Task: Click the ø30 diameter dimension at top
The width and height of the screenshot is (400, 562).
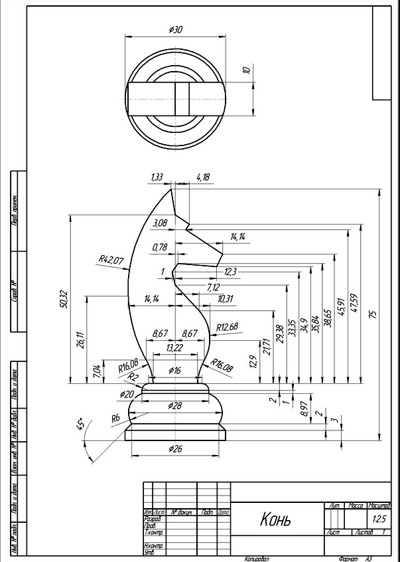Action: tap(176, 30)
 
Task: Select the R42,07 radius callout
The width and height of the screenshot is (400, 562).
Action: tap(111, 260)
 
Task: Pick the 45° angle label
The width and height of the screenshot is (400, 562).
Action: tap(80, 424)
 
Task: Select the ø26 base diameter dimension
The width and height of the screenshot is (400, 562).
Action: tap(174, 449)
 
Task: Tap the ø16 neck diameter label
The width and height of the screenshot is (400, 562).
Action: tap(175, 370)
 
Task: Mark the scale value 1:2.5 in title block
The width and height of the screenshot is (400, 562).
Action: tap(379, 518)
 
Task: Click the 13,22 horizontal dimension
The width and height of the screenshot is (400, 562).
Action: tap(174, 347)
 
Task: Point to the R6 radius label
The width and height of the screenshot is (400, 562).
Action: tap(115, 418)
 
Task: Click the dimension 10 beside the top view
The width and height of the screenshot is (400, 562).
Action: tap(246, 70)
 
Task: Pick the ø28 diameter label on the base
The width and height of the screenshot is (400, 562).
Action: tap(175, 405)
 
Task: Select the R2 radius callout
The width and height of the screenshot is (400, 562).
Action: tap(133, 376)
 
